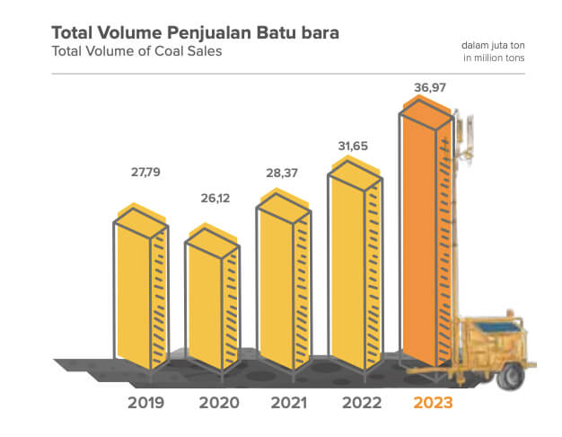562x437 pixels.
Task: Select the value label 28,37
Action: pos(284,171)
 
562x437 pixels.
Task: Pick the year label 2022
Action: pos(359,402)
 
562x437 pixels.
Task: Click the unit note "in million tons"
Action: pos(493,58)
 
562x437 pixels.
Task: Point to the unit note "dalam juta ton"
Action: pos(495,44)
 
